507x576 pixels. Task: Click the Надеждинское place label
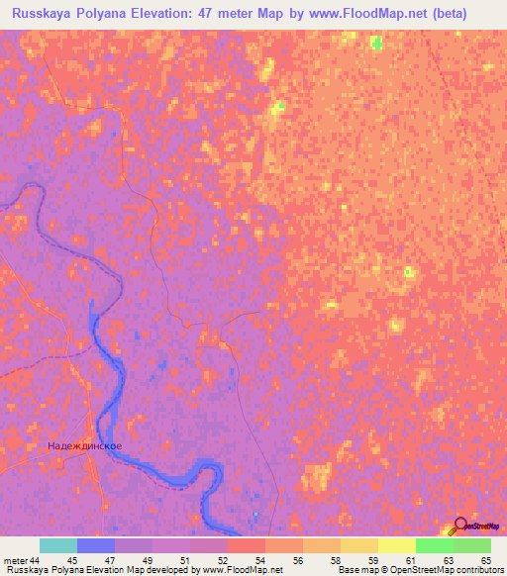pyautogui.click(x=85, y=446)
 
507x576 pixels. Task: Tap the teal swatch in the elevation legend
pyautogui.click(x=58, y=545)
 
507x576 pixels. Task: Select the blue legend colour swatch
pyautogui.click(x=96, y=545)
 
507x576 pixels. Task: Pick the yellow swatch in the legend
pyautogui.click(x=396, y=545)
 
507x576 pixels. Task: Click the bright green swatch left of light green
pyautogui.click(x=434, y=545)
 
